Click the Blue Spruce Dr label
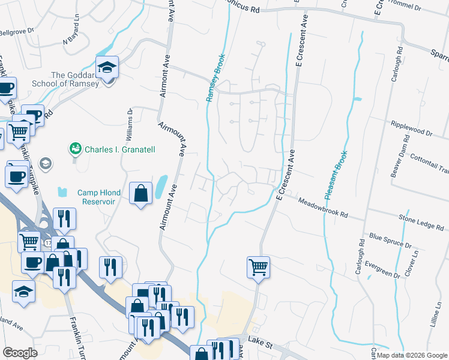pyautogui.click(x=390, y=242)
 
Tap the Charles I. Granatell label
pyautogui.click(x=119, y=148)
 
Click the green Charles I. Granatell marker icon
pyautogui.click(x=76, y=148)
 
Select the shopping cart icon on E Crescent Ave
pyautogui.click(x=258, y=266)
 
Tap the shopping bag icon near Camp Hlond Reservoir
pyautogui.click(x=140, y=194)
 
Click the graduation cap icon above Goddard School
pyautogui.click(x=107, y=67)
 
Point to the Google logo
pyautogui.click(x=20, y=353)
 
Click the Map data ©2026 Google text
pyautogui.click(x=412, y=355)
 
